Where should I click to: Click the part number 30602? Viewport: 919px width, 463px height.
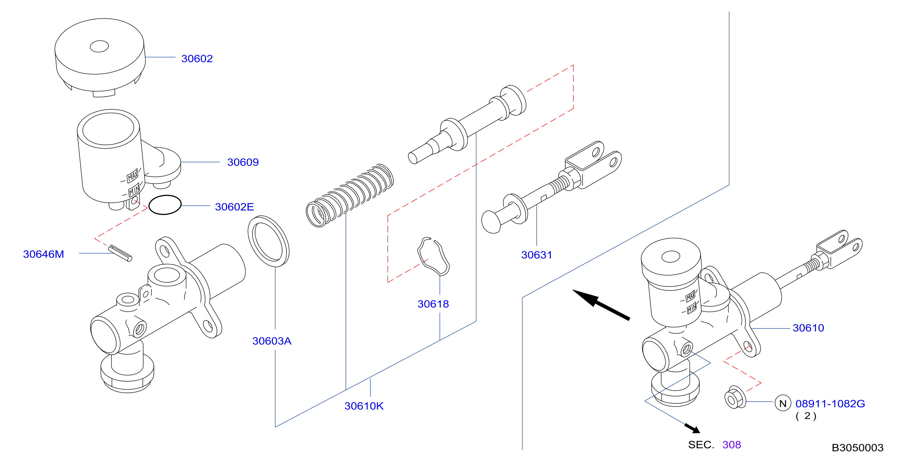[x=197, y=59]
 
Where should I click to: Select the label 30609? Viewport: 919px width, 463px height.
[x=243, y=162]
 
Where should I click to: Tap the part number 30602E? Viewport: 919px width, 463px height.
[x=234, y=207]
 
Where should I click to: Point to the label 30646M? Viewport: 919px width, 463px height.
[x=43, y=254]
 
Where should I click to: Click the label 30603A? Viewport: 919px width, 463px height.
[x=272, y=341]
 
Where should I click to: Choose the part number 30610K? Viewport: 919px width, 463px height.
[x=364, y=406]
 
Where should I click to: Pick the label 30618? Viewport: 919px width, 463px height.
[x=433, y=304]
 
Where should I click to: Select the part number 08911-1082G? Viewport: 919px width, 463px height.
[x=830, y=404]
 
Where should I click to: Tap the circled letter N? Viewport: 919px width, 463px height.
[x=783, y=403]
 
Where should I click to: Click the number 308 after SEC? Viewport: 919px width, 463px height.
[x=731, y=445]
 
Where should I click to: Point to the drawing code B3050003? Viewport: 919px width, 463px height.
[x=858, y=448]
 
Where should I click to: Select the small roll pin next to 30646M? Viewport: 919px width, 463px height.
[x=120, y=253]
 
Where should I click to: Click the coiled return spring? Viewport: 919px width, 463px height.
[x=350, y=196]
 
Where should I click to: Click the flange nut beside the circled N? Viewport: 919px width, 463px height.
[x=735, y=397]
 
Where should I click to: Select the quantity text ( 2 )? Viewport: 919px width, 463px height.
[x=806, y=416]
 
